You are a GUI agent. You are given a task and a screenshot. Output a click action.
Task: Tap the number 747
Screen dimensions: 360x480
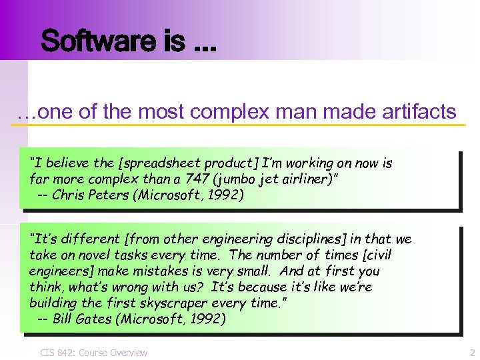tap(174, 179)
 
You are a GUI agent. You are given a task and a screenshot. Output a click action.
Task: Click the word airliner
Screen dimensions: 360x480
tap(284, 179)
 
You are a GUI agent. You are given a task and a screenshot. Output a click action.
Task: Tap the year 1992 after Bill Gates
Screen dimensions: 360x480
tap(208, 319)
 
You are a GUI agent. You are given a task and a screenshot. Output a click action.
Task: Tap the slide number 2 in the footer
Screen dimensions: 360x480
tap(472, 353)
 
